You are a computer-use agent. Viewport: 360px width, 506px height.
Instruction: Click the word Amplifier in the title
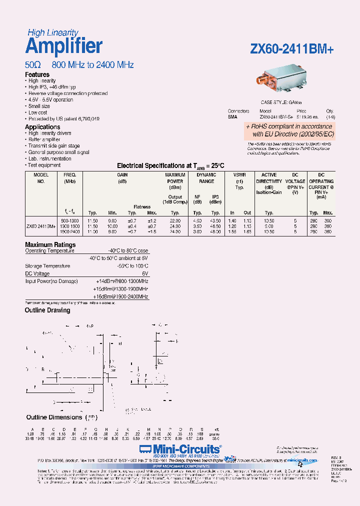click(x=63, y=46)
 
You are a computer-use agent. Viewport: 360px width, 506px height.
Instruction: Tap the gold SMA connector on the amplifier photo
click(x=262, y=80)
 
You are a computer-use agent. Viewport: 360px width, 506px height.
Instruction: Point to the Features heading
click(x=37, y=74)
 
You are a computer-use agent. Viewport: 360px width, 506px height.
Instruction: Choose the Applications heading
click(x=42, y=127)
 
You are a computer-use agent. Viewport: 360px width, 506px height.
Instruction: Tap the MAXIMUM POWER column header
click(x=175, y=178)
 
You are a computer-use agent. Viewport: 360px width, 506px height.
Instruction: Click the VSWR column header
click(x=239, y=175)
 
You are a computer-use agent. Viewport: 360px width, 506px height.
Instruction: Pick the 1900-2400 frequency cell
click(x=69, y=232)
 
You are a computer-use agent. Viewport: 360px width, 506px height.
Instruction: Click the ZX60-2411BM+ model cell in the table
click(x=40, y=226)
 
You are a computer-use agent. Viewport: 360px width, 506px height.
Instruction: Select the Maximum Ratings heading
click(x=50, y=244)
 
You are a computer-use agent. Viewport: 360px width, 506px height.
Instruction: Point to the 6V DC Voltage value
click(x=145, y=274)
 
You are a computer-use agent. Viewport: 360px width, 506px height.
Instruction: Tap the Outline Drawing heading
click(x=47, y=310)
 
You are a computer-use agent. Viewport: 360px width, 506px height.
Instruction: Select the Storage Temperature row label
click(x=48, y=266)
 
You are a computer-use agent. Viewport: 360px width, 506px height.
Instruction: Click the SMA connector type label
click(x=232, y=116)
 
